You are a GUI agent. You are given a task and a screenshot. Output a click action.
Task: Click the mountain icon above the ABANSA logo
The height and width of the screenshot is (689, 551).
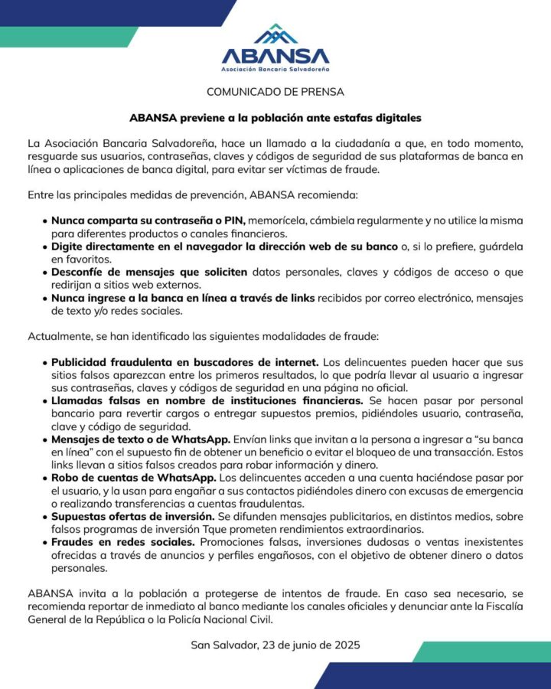click(275, 34)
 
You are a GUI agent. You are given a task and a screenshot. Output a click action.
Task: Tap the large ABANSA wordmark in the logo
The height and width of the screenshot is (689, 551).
click(275, 56)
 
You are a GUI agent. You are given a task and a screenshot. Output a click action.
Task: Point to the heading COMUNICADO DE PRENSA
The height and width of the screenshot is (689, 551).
click(275, 92)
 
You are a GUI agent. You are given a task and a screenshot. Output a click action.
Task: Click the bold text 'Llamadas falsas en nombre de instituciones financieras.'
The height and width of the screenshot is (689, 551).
click(207, 400)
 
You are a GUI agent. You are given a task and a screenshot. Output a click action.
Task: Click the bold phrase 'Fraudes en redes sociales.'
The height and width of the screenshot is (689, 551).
click(122, 543)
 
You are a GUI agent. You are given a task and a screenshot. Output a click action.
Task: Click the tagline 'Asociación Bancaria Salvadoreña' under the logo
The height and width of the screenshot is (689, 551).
click(275, 70)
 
